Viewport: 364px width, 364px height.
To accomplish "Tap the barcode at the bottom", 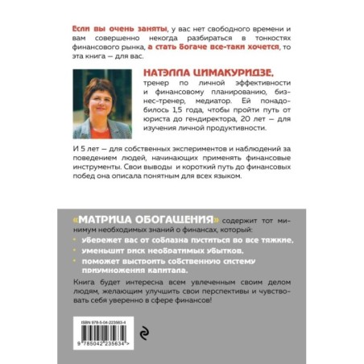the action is click(93, 325).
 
